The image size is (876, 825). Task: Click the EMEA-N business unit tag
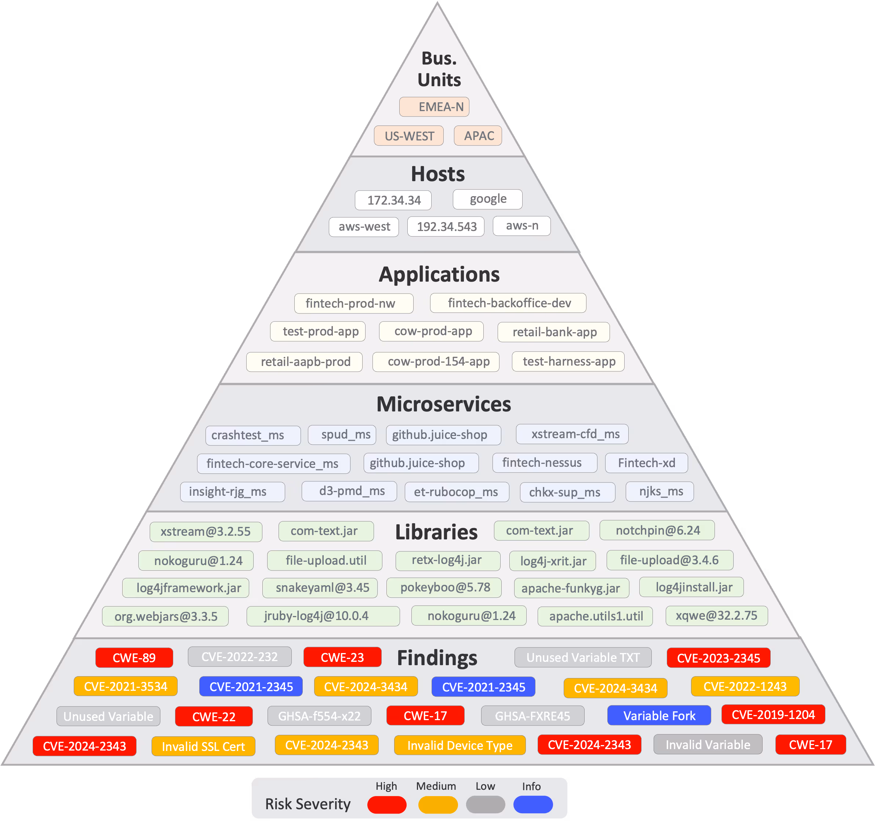pos(434,107)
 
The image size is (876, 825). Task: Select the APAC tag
pos(478,136)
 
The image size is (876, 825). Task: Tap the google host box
pos(487,199)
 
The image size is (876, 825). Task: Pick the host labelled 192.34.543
pos(446,226)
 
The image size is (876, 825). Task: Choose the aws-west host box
pos(364,227)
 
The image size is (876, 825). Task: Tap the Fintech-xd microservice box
pos(646,463)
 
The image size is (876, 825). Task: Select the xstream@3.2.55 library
pos(206,531)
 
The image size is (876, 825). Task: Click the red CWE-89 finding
pos(134,657)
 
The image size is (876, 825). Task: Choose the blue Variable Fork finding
pos(659,715)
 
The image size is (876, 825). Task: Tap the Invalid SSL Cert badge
pos(203,746)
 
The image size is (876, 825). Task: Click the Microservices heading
pos(443,404)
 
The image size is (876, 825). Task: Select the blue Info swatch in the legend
pos(533,804)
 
